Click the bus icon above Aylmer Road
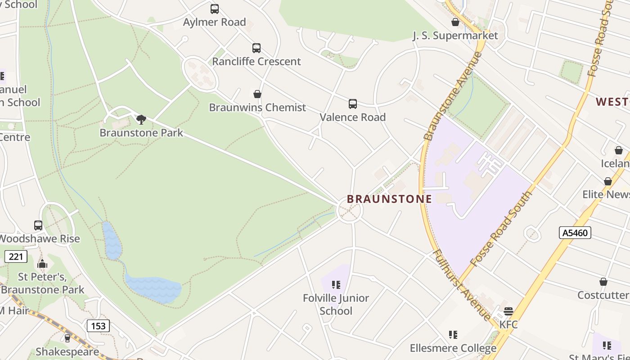click(x=215, y=9)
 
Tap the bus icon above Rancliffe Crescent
click(x=256, y=48)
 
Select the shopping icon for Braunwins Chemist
click(x=257, y=94)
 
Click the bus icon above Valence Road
click(x=353, y=104)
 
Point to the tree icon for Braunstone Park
click(x=141, y=119)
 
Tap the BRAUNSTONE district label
click(x=389, y=199)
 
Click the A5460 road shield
click(x=575, y=233)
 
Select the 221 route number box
click(x=16, y=256)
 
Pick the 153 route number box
click(x=98, y=326)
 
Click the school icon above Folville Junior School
click(x=336, y=285)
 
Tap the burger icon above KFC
click(x=508, y=311)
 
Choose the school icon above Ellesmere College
click(x=453, y=335)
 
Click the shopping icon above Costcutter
click(x=603, y=282)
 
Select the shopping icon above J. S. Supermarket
click(x=455, y=22)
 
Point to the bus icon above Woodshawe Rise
click(x=38, y=225)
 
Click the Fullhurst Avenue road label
click(x=462, y=284)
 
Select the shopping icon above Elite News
click(x=607, y=181)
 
